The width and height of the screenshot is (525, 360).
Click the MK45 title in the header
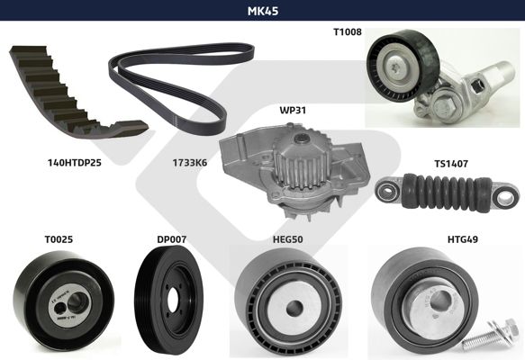pyautogui.click(x=263, y=11)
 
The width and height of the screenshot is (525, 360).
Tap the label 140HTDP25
pyautogui.click(x=75, y=163)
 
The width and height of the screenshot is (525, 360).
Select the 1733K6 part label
pyautogui.click(x=190, y=163)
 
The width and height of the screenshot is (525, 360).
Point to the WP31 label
pyautogui.click(x=293, y=110)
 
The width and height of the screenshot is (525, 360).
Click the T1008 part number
pyautogui.click(x=348, y=31)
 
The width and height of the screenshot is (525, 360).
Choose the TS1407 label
pyautogui.click(x=451, y=164)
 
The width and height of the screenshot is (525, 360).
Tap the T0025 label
pyautogui.click(x=59, y=239)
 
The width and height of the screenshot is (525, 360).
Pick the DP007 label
pyautogui.click(x=171, y=239)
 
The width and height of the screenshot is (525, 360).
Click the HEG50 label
pyautogui.click(x=288, y=239)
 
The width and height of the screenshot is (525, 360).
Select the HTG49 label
pyautogui.click(x=463, y=239)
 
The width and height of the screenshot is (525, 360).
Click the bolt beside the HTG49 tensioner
pyautogui.click(x=490, y=336)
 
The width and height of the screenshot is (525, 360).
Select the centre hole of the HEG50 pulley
pyautogui.click(x=294, y=307)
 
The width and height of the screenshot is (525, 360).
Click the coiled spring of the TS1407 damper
pyautogui.click(x=447, y=192)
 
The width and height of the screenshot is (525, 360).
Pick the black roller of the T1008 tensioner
pyautogui.click(x=402, y=66)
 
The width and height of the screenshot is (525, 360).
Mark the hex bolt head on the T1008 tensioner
pyautogui.click(x=444, y=106)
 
